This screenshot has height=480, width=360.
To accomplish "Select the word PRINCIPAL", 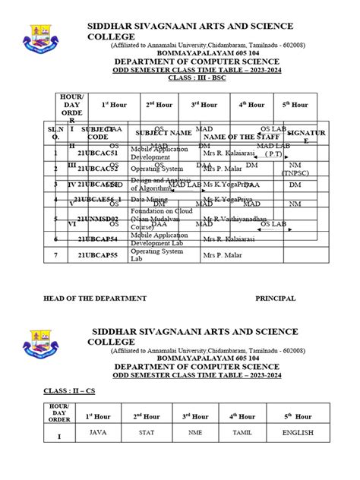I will coord(275,298).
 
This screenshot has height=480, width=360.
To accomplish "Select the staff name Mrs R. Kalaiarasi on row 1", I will coord(229,153).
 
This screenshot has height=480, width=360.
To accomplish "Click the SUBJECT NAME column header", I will coord(163,133).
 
